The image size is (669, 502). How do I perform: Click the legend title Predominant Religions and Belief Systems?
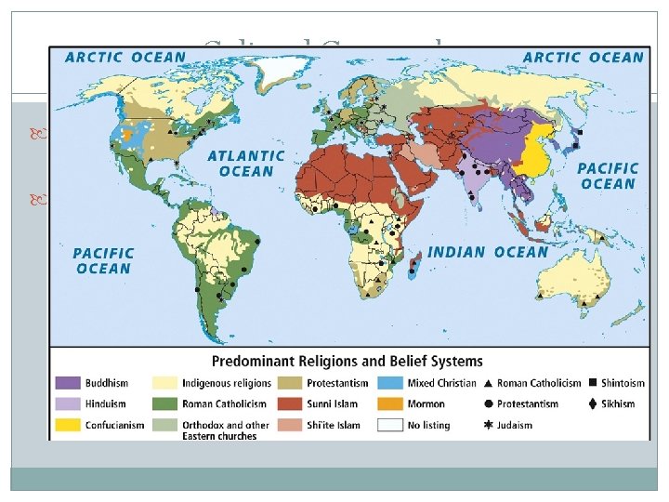point(348,361)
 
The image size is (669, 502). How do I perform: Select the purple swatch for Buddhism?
point(68,383)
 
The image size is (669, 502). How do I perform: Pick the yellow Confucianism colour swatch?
point(68,426)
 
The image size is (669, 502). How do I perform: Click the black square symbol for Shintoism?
point(592,383)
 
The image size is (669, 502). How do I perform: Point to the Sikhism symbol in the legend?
point(592,404)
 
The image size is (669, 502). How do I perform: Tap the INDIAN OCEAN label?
point(488,252)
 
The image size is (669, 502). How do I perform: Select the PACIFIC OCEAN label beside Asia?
point(609,176)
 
